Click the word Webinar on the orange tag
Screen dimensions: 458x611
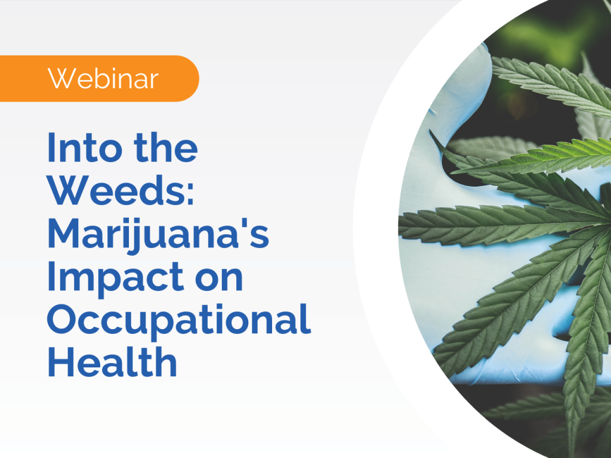pos(103,79)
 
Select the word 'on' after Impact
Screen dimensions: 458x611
pos(221,279)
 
